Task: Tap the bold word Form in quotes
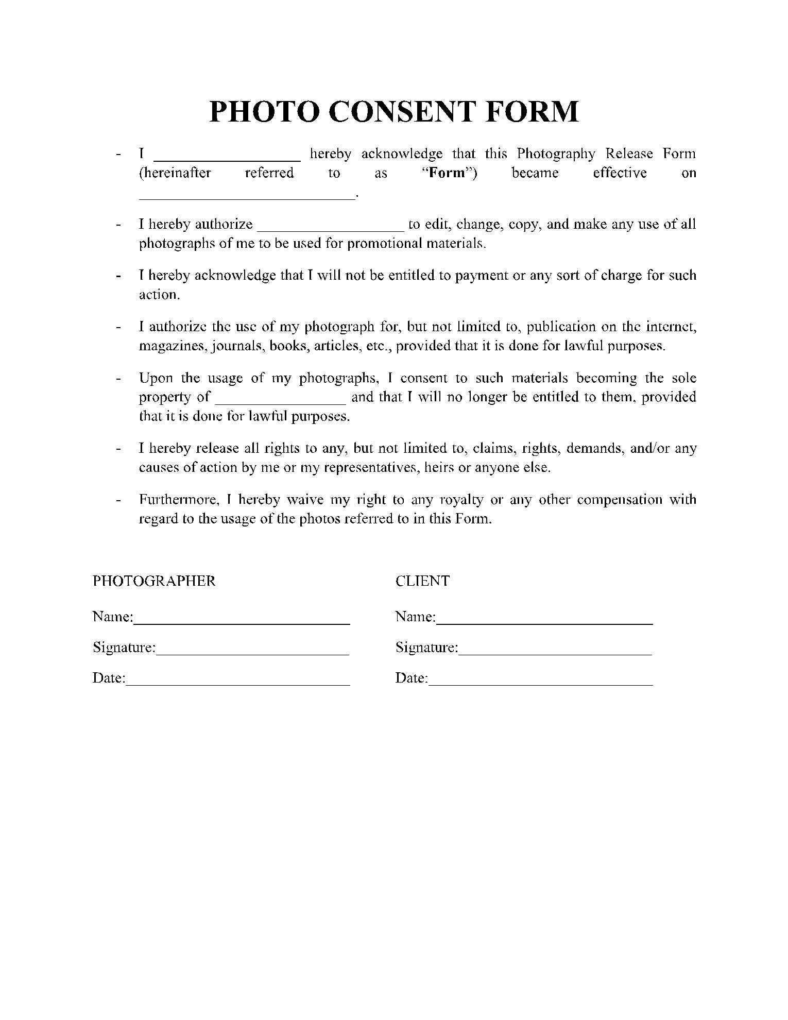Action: [x=447, y=173]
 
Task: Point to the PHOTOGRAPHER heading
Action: [x=154, y=581]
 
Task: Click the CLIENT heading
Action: [x=422, y=581]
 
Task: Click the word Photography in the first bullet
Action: [x=556, y=154]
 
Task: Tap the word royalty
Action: [x=461, y=500]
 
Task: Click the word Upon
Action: [x=156, y=378]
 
